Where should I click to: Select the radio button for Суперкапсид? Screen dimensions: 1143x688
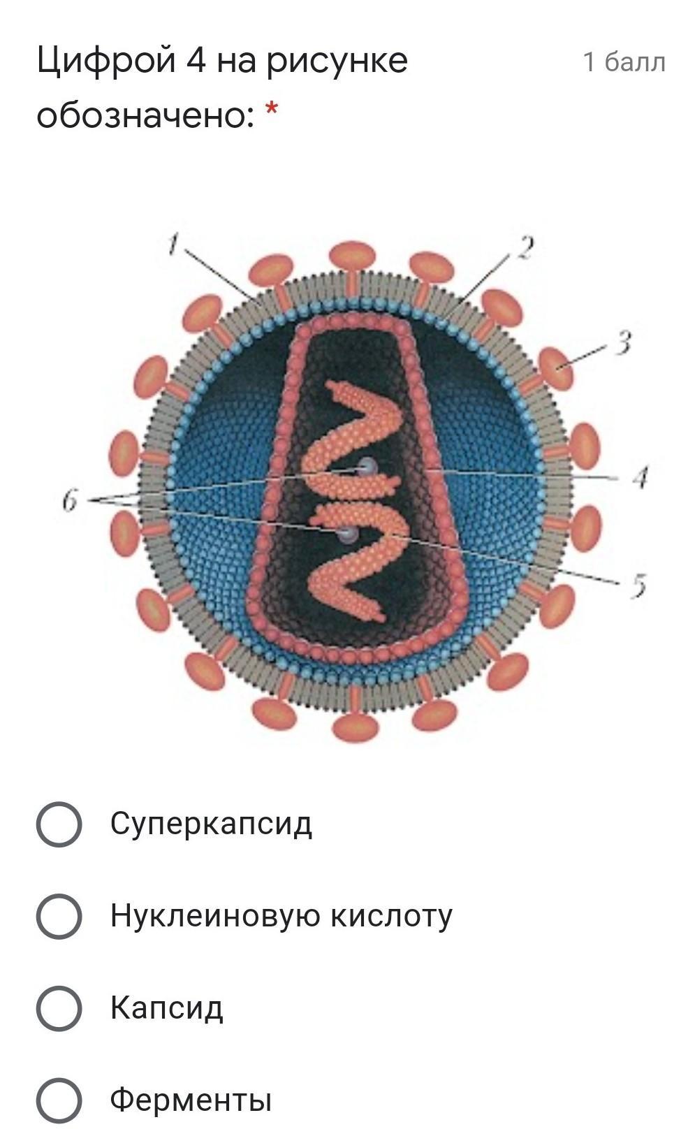coord(59,824)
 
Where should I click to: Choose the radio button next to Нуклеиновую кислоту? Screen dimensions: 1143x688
coord(59,916)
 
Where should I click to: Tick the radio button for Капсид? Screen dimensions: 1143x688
coord(59,1008)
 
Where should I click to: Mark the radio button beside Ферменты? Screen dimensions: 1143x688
coord(59,1100)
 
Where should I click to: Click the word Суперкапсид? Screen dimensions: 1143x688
coord(211,824)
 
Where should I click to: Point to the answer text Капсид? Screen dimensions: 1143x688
coord(166,1008)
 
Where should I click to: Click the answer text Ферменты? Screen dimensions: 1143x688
coord(191,1100)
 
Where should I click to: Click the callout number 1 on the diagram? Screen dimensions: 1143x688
coord(175,243)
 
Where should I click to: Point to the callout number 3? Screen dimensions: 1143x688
coord(624,343)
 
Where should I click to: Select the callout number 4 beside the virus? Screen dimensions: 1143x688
coord(641,478)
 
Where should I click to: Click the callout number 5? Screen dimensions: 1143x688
coord(638,585)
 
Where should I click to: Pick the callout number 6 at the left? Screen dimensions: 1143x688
coord(69,500)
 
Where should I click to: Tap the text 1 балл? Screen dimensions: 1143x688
coord(624,63)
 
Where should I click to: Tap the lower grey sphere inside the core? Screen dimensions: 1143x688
coord(347,535)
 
